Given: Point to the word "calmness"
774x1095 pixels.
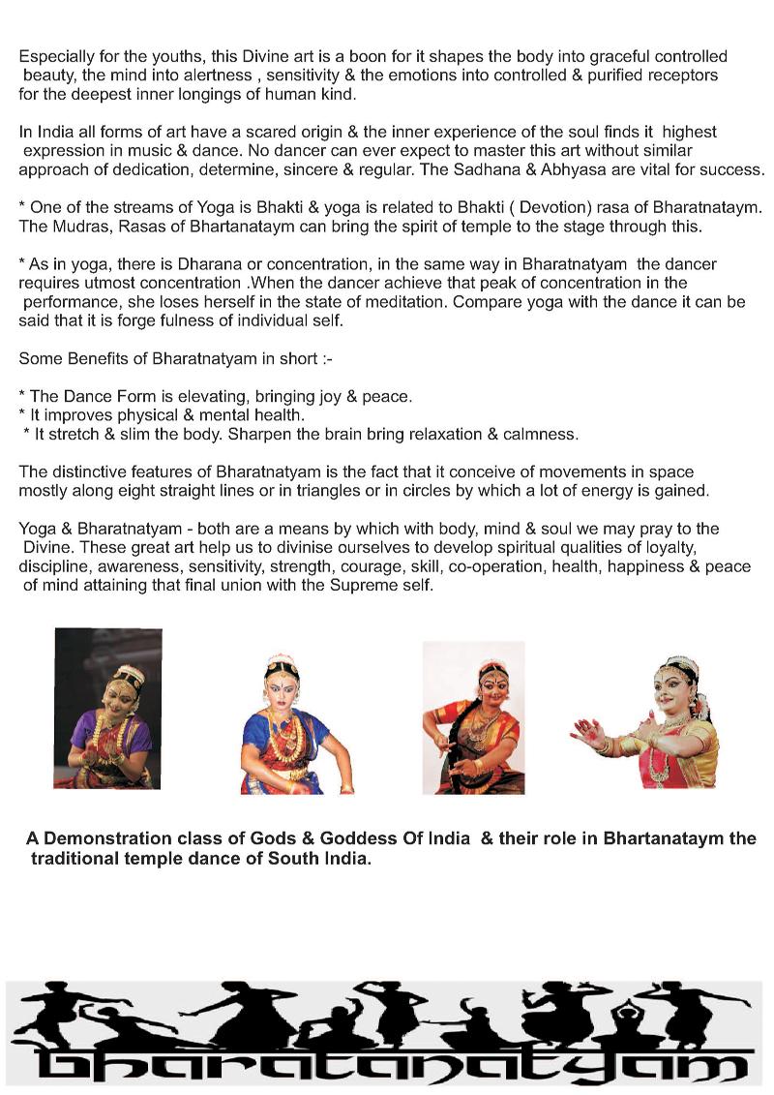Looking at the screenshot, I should click(x=538, y=434).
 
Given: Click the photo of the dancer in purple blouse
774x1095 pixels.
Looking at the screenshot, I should click(x=107, y=709).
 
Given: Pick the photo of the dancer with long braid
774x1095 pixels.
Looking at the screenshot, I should click(x=473, y=717).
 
